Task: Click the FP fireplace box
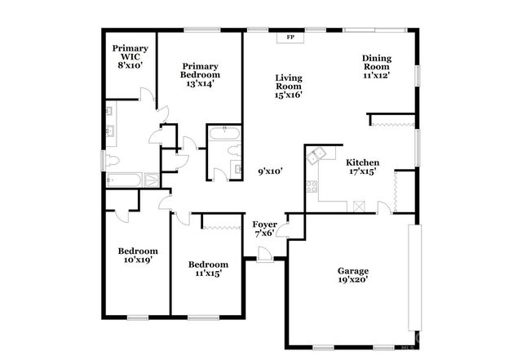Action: (290, 38)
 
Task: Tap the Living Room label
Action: (288, 85)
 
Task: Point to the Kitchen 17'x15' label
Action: (361, 167)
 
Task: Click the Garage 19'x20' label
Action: (353, 275)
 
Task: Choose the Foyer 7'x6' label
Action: (263, 229)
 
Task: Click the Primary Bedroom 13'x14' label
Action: (201, 74)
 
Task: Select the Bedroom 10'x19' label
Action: (137, 255)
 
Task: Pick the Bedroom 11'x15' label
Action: (208, 269)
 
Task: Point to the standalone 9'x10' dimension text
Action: (270, 171)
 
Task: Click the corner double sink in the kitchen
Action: (316, 153)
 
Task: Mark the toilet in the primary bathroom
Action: (111, 160)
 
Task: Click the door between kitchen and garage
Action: (383, 211)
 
